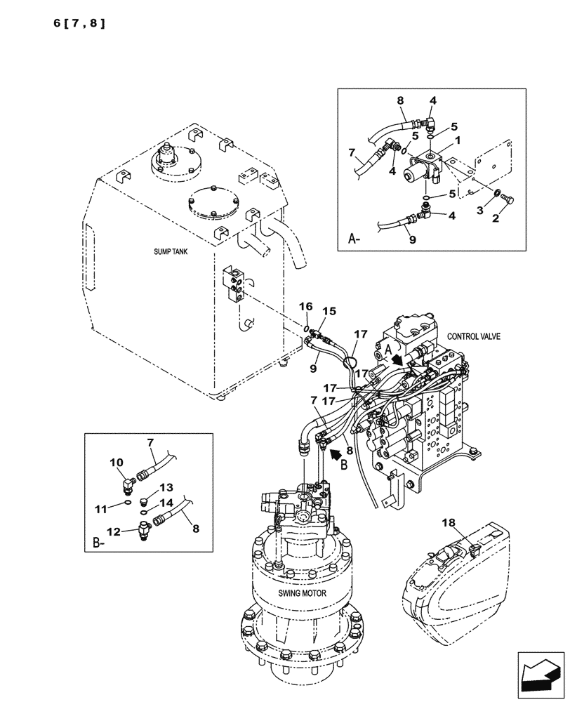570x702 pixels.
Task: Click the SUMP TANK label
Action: tap(172, 251)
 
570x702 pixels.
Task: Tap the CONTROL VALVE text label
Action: tap(474, 336)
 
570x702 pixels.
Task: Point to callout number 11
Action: tap(102, 506)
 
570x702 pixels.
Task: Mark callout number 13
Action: tap(165, 487)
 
